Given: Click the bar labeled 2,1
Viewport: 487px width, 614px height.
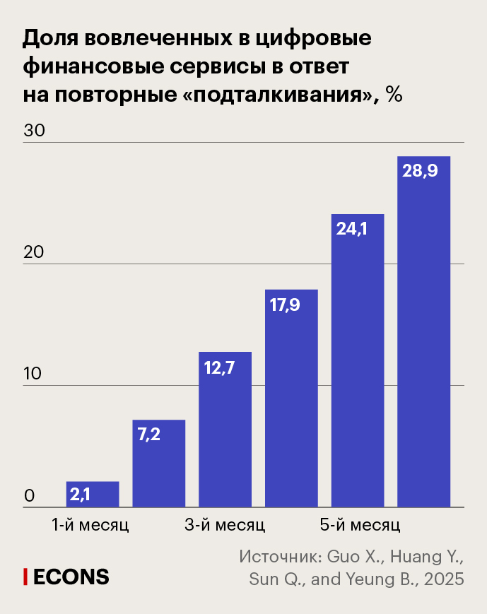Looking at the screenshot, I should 92,494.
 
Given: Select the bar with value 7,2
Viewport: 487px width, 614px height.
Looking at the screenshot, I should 158,464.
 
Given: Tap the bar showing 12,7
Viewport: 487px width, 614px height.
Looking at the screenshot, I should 225,430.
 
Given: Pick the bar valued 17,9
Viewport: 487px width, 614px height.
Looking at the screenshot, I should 291,398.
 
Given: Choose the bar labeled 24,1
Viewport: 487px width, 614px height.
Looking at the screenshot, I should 358,360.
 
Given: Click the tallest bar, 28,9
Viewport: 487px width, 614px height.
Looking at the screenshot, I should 424,332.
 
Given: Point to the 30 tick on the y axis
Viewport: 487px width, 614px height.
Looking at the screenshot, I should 34,131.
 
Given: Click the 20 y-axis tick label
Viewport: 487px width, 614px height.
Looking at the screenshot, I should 34,252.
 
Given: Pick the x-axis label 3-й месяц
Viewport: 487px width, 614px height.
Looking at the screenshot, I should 225,526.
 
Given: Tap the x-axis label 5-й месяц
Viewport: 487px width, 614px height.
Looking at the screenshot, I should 359,526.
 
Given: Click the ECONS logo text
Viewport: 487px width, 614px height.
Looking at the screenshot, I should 71,577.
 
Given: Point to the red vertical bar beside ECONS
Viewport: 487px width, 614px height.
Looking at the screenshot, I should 25,577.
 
